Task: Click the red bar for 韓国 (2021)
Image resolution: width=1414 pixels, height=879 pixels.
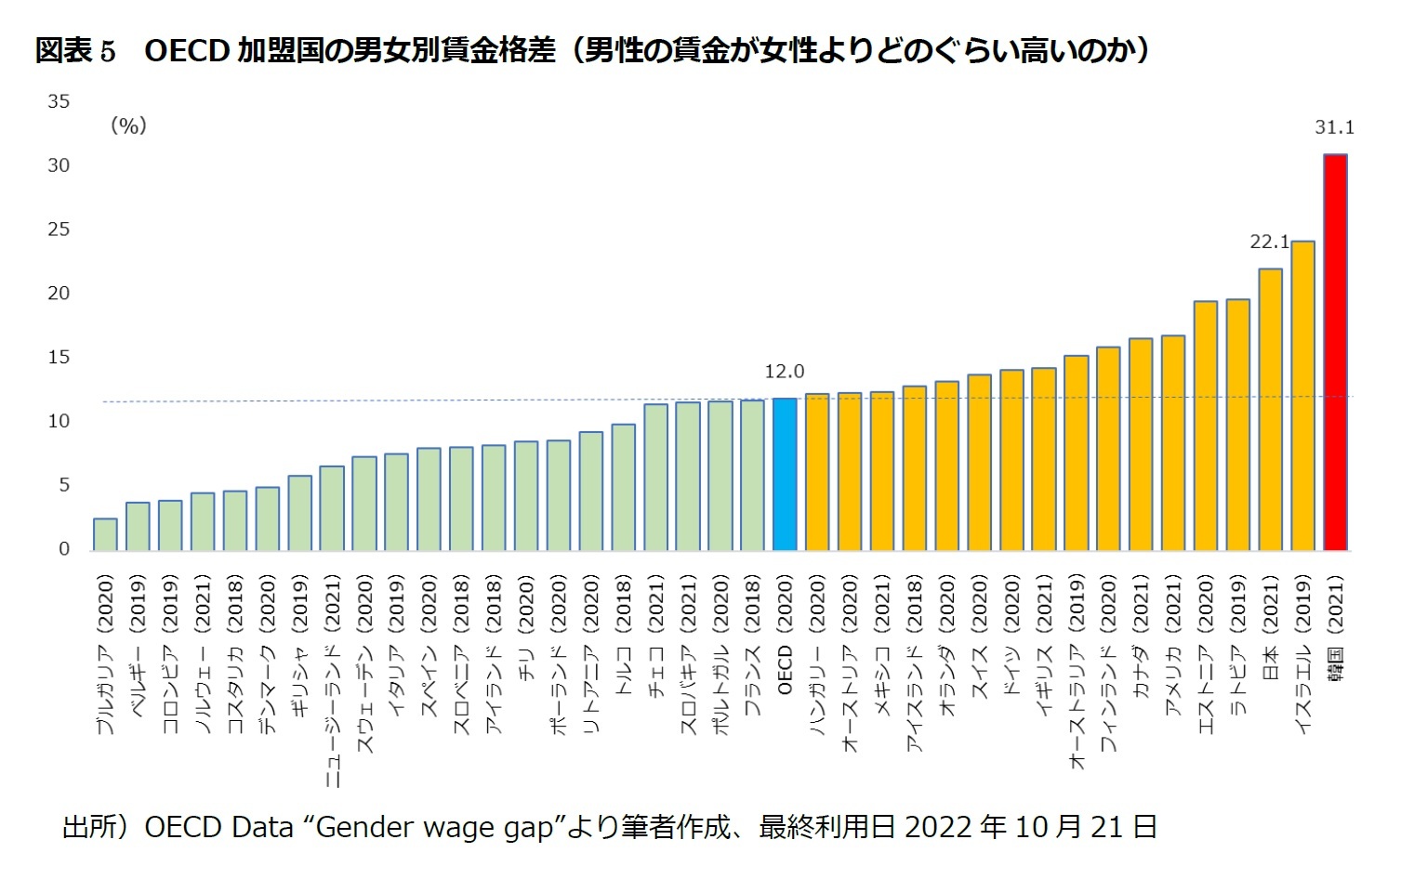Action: click(1335, 353)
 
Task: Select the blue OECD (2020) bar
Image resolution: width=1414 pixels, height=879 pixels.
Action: click(785, 475)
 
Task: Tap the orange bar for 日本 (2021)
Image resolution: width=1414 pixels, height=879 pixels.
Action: click(1270, 410)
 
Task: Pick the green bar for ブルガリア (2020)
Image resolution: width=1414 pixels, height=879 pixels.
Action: click(105, 534)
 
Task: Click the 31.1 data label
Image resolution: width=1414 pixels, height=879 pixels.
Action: click(1334, 127)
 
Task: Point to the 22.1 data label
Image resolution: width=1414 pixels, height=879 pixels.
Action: click(1269, 242)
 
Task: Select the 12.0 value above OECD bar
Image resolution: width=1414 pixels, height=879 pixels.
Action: click(784, 372)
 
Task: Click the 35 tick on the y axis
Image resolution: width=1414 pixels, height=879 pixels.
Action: click(59, 101)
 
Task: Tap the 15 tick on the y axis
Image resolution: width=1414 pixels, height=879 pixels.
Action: click(59, 357)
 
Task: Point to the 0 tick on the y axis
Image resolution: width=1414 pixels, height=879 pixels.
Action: click(64, 548)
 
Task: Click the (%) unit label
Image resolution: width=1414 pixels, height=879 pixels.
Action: click(128, 125)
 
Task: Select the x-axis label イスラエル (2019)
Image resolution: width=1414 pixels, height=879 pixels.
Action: click(1302, 654)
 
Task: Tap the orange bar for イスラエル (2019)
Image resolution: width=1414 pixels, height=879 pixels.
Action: click(1302, 396)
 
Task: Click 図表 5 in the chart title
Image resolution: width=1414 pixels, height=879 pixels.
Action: click(75, 50)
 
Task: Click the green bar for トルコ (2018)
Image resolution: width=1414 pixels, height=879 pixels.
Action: click(623, 488)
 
